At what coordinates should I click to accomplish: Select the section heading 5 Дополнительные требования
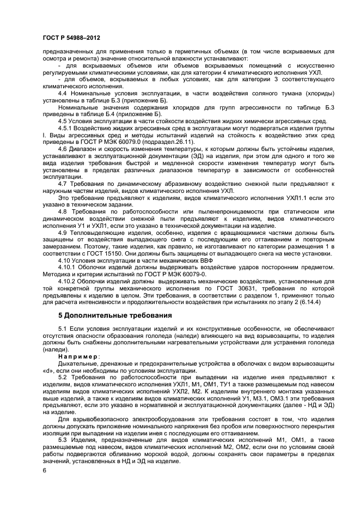[115, 315]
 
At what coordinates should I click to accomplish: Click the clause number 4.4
[63, 94]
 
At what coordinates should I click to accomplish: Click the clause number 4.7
[63, 183]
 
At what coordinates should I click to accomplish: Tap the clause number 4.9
[63, 232]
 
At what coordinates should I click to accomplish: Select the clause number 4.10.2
[68, 281]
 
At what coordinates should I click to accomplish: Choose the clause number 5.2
[63, 377]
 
